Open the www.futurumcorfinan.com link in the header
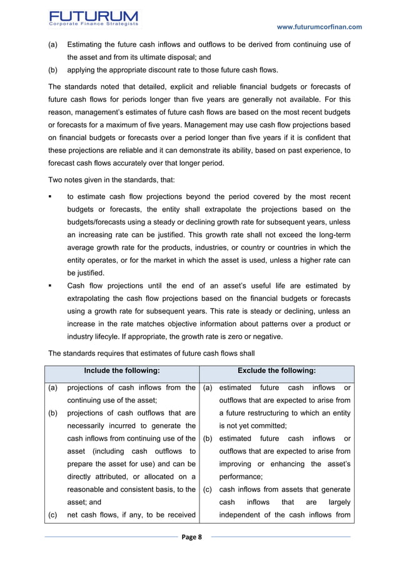tap(319, 27)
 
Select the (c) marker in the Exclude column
tap(208, 489)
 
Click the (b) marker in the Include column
tap(54, 413)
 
